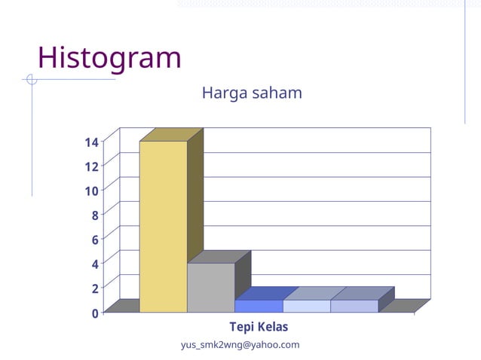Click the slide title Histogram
tap(109, 58)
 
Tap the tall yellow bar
tap(163, 226)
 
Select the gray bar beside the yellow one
tap(210, 288)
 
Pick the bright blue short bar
tap(258, 306)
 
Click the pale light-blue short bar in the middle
tap(306, 306)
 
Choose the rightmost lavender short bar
tap(354, 306)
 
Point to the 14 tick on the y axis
tap(91, 142)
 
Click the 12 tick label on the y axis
tap(91, 166)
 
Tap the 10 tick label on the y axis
tap(91, 191)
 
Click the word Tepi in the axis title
tap(241, 328)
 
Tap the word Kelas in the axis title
tap(272, 328)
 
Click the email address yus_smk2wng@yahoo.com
tap(240, 345)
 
